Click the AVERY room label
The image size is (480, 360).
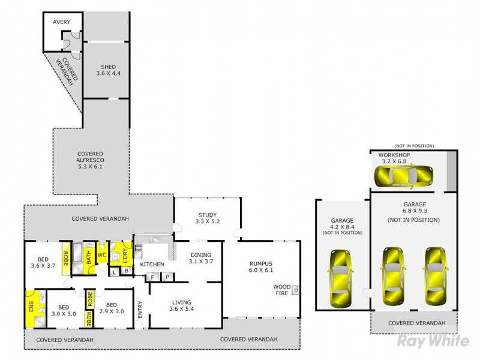click(61, 22)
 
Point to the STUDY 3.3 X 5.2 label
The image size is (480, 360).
click(208, 219)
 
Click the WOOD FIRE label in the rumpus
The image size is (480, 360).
click(281, 289)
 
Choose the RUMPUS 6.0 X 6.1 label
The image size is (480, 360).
click(269, 267)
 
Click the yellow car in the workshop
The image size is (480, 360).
click(403, 176)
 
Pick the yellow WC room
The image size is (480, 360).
click(102, 254)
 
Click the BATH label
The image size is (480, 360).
click(88, 254)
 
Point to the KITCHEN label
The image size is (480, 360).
click(152, 265)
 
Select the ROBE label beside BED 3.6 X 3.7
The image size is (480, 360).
click(65, 254)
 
